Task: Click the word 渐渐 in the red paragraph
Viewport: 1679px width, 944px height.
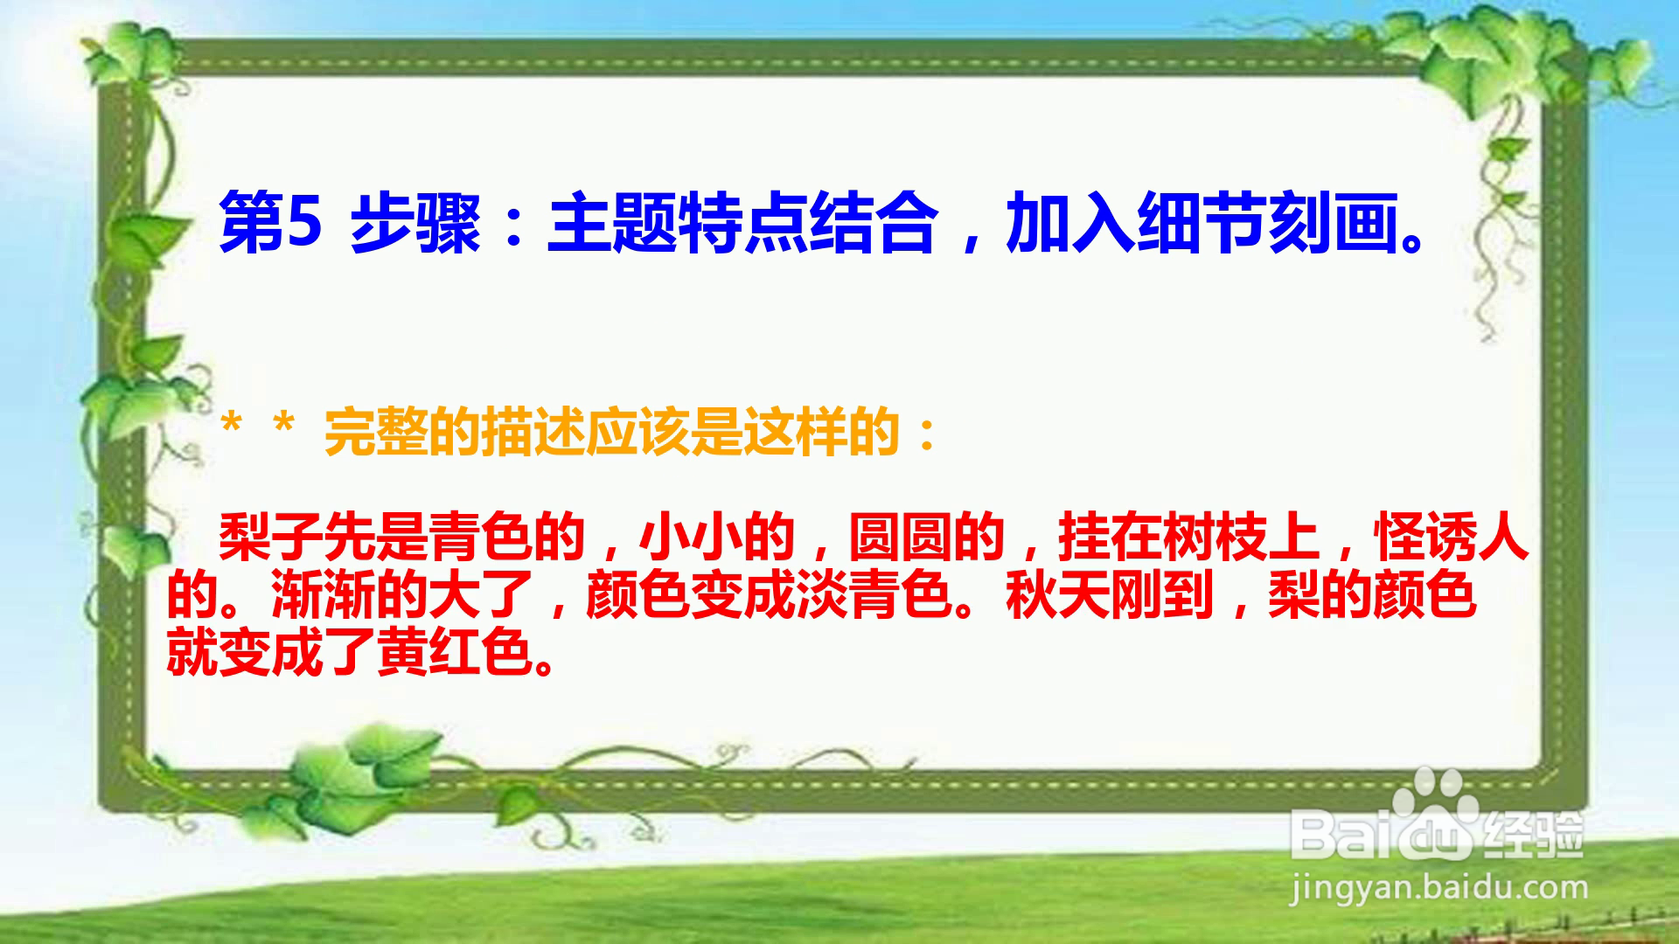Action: pyautogui.click(x=324, y=595)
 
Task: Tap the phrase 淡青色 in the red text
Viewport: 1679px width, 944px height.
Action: pyautogui.click(x=874, y=595)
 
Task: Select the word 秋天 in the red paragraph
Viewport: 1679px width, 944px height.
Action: pyautogui.click(x=1058, y=595)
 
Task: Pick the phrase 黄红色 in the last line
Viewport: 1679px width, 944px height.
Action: pyautogui.click(x=455, y=651)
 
